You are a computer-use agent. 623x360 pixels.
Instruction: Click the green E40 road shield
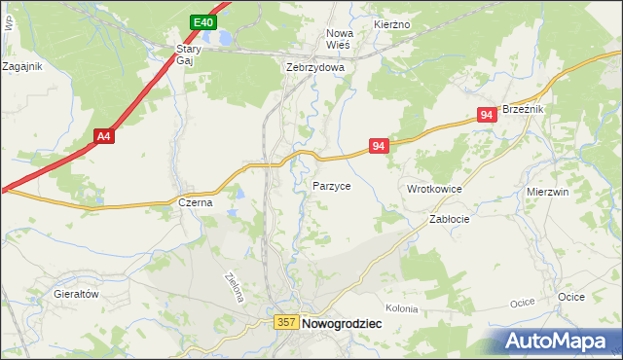click(x=202, y=22)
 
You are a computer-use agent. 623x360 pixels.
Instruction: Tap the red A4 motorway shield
click(x=104, y=137)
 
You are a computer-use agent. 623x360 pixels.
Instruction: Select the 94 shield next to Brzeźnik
click(x=487, y=115)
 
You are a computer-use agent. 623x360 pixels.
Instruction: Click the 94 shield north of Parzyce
click(x=380, y=146)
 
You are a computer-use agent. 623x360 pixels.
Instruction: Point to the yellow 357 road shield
click(x=286, y=322)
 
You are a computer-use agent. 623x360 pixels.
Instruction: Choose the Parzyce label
click(x=331, y=185)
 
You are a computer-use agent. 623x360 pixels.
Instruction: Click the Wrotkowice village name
click(x=433, y=188)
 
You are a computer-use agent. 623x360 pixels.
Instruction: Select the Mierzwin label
click(x=547, y=193)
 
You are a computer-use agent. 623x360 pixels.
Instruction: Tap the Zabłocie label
click(x=450, y=220)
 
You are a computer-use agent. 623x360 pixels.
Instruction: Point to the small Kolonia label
click(x=401, y=308)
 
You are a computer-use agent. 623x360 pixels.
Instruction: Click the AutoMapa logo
click(x=559, y=341)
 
